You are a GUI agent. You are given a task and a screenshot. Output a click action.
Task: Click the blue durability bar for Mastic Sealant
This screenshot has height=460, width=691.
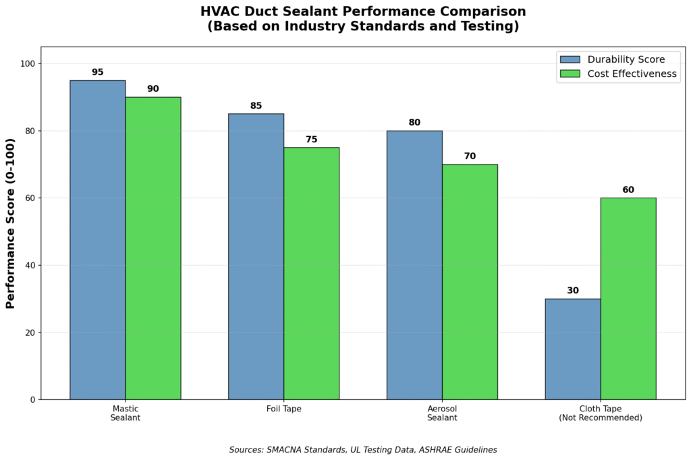(x=97, y=239)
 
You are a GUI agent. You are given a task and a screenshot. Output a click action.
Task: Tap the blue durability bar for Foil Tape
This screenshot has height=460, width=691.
(x=256, y=256)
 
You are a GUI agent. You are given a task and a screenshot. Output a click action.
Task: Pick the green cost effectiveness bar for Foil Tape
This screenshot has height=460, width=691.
(x=311, y=273)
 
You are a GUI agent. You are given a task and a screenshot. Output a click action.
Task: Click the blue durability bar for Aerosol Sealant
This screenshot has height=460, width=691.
(x=414, y=265)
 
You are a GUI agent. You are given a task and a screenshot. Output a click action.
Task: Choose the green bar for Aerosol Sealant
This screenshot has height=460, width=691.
(x=470, y=282)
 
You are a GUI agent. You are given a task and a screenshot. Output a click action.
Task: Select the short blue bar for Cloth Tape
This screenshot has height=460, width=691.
(x=573, y=349)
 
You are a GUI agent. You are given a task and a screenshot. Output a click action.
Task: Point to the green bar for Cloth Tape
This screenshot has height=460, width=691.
(x=628, y=298)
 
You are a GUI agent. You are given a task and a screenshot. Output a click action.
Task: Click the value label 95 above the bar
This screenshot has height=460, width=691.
(x=98, y=72)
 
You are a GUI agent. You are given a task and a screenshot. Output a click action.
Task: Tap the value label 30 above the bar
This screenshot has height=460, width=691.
(x=573, y=291)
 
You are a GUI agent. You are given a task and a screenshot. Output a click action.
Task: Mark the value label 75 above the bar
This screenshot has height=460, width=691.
(x=311, y=140)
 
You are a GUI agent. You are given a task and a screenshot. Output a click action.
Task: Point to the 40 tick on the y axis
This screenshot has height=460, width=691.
(x=29, y=265)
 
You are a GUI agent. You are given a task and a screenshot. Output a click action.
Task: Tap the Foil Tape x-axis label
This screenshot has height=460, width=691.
(x=283, y=409)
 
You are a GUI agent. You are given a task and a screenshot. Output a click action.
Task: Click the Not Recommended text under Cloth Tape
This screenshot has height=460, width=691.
(x=601, y=418)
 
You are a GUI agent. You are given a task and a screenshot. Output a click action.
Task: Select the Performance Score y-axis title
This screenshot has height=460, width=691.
(x=11, y=223)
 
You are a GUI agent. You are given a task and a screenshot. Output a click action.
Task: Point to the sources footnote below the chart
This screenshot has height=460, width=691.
(x=363, y=449)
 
